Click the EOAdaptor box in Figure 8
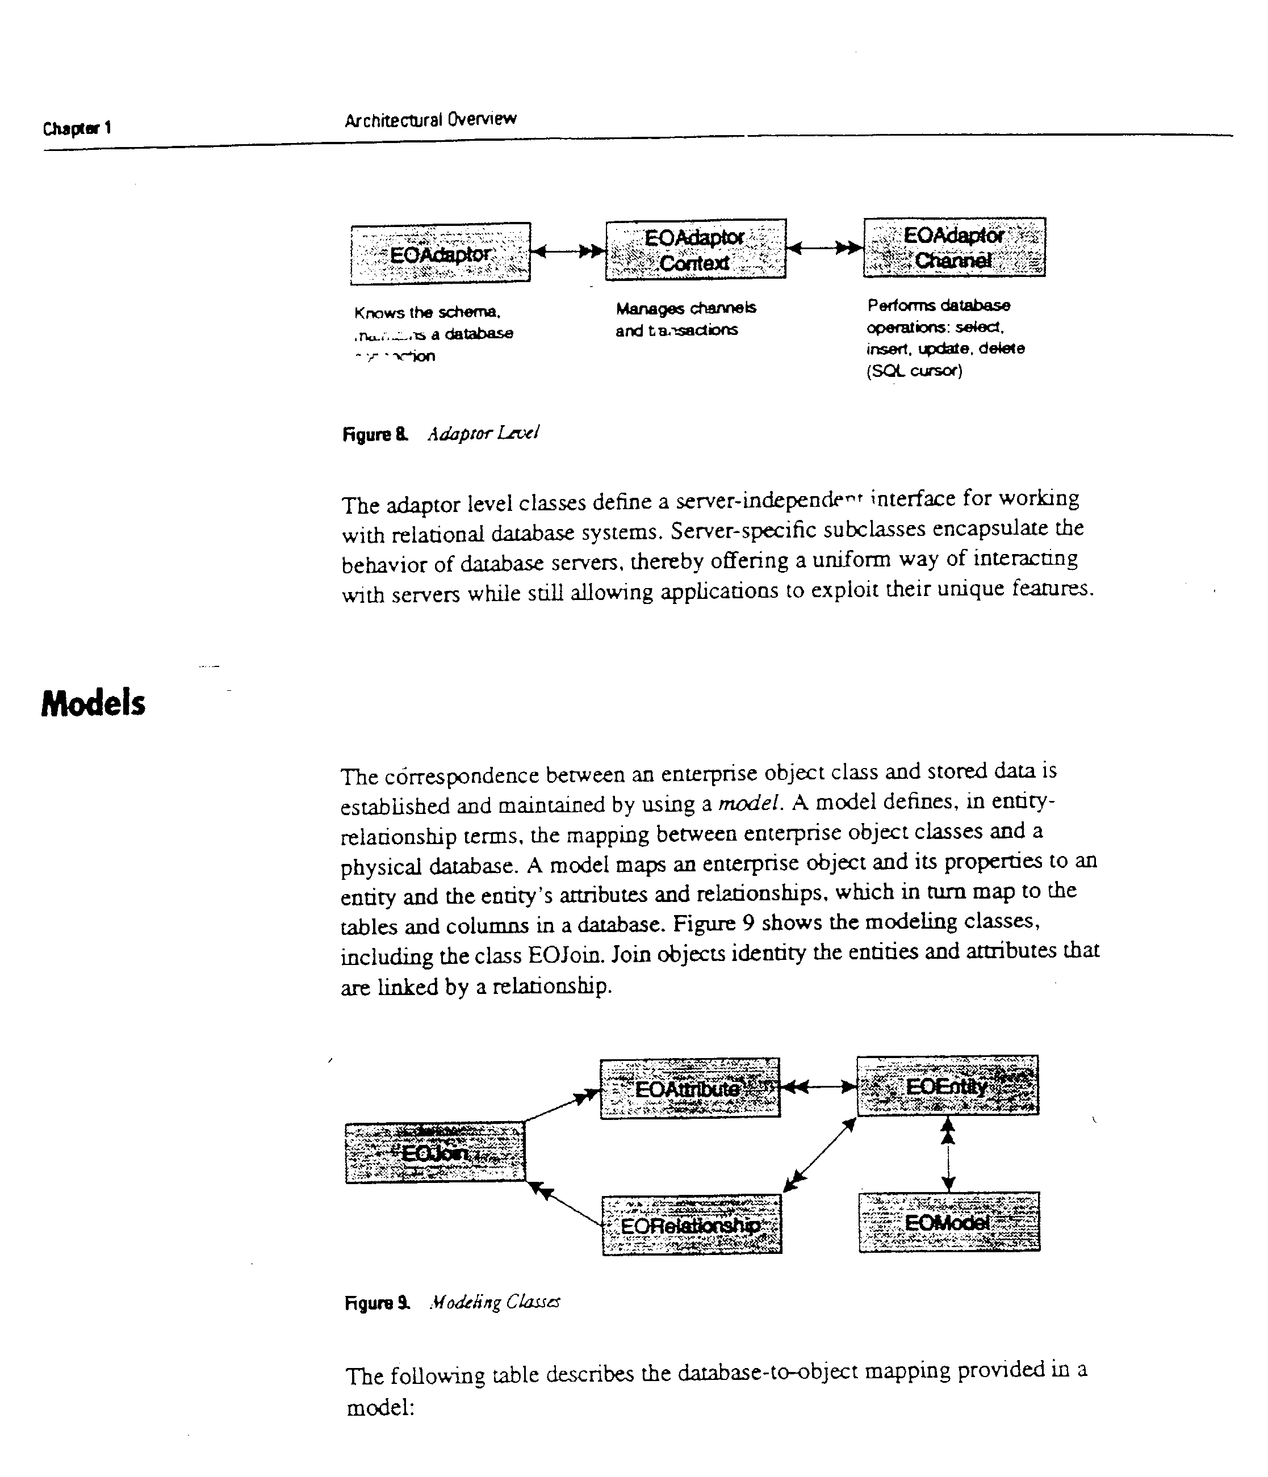440,253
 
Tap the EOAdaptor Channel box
954,247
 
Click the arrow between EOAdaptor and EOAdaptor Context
568,251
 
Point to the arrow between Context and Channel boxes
825,248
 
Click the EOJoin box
435,1153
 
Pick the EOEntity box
947,1086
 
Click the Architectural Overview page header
430,119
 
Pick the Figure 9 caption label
377,1303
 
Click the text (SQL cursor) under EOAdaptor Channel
914,371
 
